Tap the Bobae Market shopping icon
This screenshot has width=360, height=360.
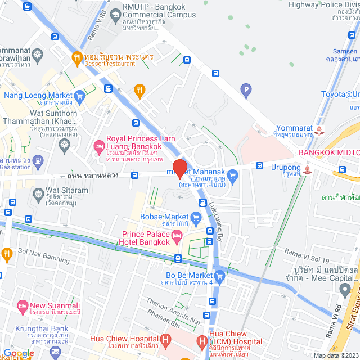(x=196, y=217)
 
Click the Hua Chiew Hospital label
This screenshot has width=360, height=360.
(x=124, y=339)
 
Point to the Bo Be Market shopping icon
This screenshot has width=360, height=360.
(x=219, y=276)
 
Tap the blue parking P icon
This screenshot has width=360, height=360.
(x=245, y=89)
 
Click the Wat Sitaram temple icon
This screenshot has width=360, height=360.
(x=38, y=194)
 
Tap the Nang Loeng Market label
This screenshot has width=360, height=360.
(x=38, y=95)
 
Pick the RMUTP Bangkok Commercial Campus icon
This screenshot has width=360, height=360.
(x=116, y=13)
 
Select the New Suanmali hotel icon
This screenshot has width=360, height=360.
(x=23, y=307)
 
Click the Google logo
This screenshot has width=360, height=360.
(x=18, y=353)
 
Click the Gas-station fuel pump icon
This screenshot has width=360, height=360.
(x=38, y=161)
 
